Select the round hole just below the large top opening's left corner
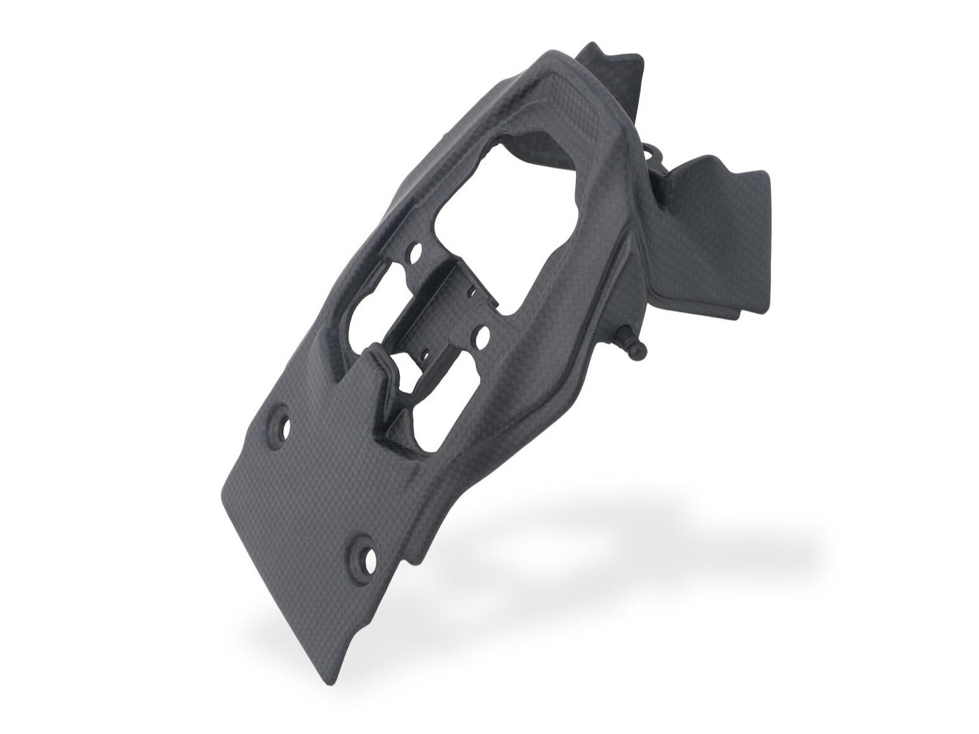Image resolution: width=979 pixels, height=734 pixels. [415, 255]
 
